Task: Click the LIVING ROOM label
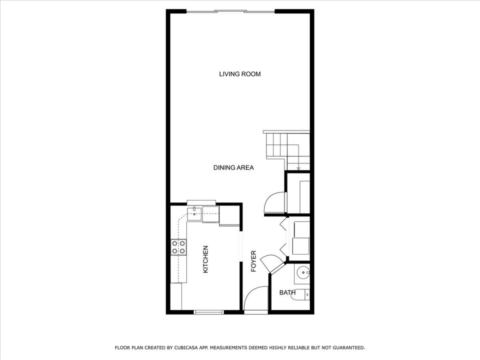point(240,74)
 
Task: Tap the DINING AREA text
point(233,167)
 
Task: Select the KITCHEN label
point(205,259)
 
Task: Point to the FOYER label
point(253,260)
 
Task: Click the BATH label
point(287,292)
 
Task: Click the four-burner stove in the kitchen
point(179,246)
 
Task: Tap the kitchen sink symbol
point(194,214)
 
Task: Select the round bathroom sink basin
point(302,273)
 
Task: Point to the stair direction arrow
point(298,167)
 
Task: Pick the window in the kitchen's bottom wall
point(208,312)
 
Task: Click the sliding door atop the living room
point(230,11)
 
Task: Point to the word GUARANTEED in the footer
point(347,347)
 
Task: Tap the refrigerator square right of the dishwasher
point(229,215)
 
